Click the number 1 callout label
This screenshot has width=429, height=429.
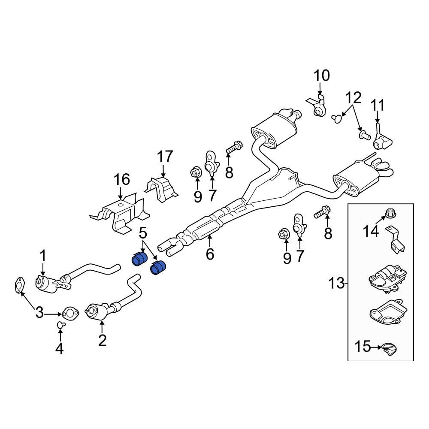tap(43, 256)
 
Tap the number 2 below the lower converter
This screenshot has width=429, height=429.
tap(102, 340)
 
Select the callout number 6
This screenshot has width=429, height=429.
tap(209, 254)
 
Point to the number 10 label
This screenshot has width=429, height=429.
tap(322, 76)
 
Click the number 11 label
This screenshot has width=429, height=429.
tap(378, 105)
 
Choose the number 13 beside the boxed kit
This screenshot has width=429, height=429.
tap(337, 283)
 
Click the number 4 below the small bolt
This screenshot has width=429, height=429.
tap(59, 349)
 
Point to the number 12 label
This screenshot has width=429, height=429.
tap(354, 98)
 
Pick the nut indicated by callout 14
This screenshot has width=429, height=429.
tap(390, 212)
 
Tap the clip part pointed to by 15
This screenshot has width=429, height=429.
tap(389, 349)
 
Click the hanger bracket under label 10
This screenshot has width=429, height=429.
tap(318, 107)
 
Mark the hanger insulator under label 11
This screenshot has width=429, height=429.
tap(381, 140)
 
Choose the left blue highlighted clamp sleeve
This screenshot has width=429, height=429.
tap(139, 260)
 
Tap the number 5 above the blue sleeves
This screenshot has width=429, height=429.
tap(143, 234)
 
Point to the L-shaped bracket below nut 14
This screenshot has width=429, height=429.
tap(396, 241)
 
